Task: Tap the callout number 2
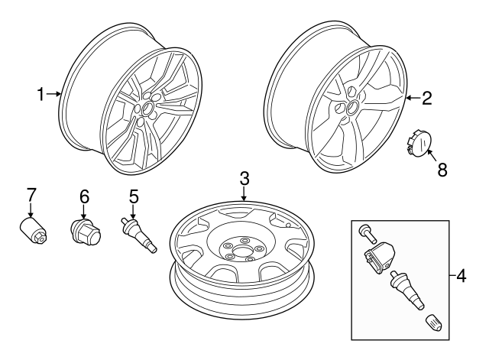[427, 98]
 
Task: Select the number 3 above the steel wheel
[244, 179]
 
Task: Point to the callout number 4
[461, 274]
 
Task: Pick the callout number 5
[133, 196]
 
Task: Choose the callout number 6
[84, 196]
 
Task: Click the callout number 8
[442, 170]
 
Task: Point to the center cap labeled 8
[419, 144]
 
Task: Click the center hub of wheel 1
[145, 109]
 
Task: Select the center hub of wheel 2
[353, 108]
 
